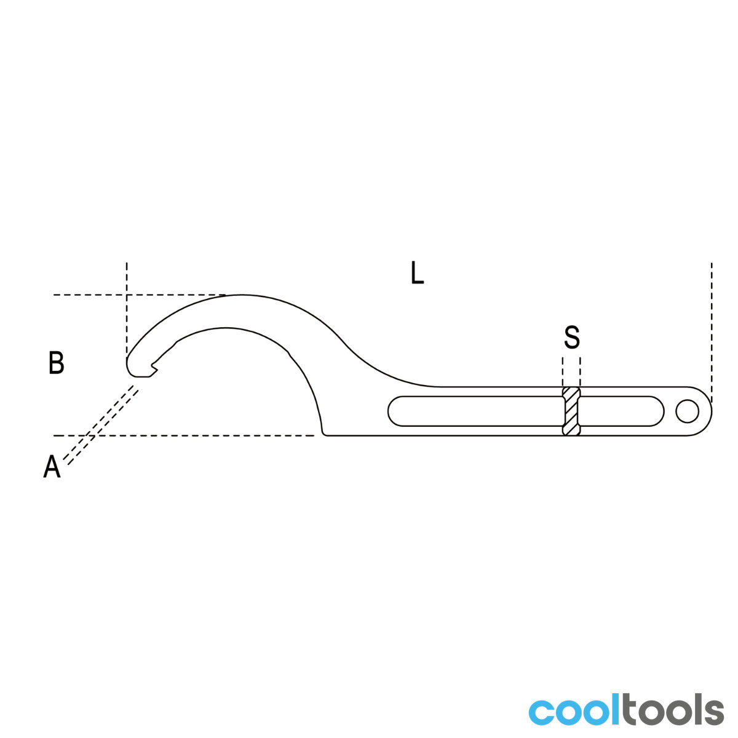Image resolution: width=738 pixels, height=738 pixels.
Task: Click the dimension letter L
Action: tap(417, 272)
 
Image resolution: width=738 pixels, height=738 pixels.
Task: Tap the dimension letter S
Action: tap(571, 336)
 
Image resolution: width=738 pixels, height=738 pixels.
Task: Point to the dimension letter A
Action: tap(52, 466)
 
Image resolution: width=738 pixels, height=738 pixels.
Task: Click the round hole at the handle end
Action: tap(687, 411)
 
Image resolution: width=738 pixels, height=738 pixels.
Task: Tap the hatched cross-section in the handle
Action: tap(571, 411)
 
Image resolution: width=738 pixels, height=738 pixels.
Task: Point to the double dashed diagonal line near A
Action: tap(100, 425)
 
